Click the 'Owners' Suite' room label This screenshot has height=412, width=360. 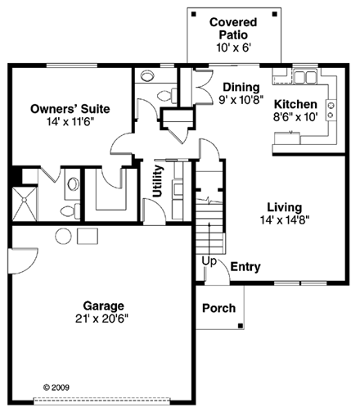click(70, 108)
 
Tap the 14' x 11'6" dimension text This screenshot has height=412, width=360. click(70, 122)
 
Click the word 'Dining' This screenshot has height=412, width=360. click(241, 87)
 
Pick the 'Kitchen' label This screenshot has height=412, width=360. click(295, 104)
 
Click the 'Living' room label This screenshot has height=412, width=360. click(284, 207)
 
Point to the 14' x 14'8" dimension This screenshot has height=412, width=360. click(284, 220)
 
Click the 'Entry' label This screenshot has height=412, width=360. click(245, 267)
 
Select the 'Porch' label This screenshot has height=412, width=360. click(219, 309)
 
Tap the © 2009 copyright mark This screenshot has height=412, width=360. click(56, 385)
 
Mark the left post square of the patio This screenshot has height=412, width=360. click(193, 14)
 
